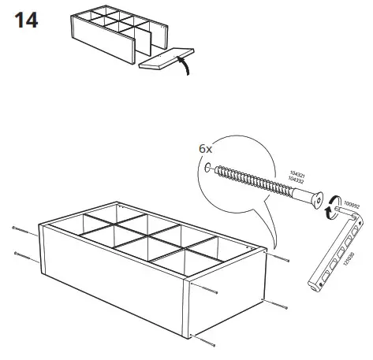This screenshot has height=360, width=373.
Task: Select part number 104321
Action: pyautogui.click(x=294, y=175)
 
